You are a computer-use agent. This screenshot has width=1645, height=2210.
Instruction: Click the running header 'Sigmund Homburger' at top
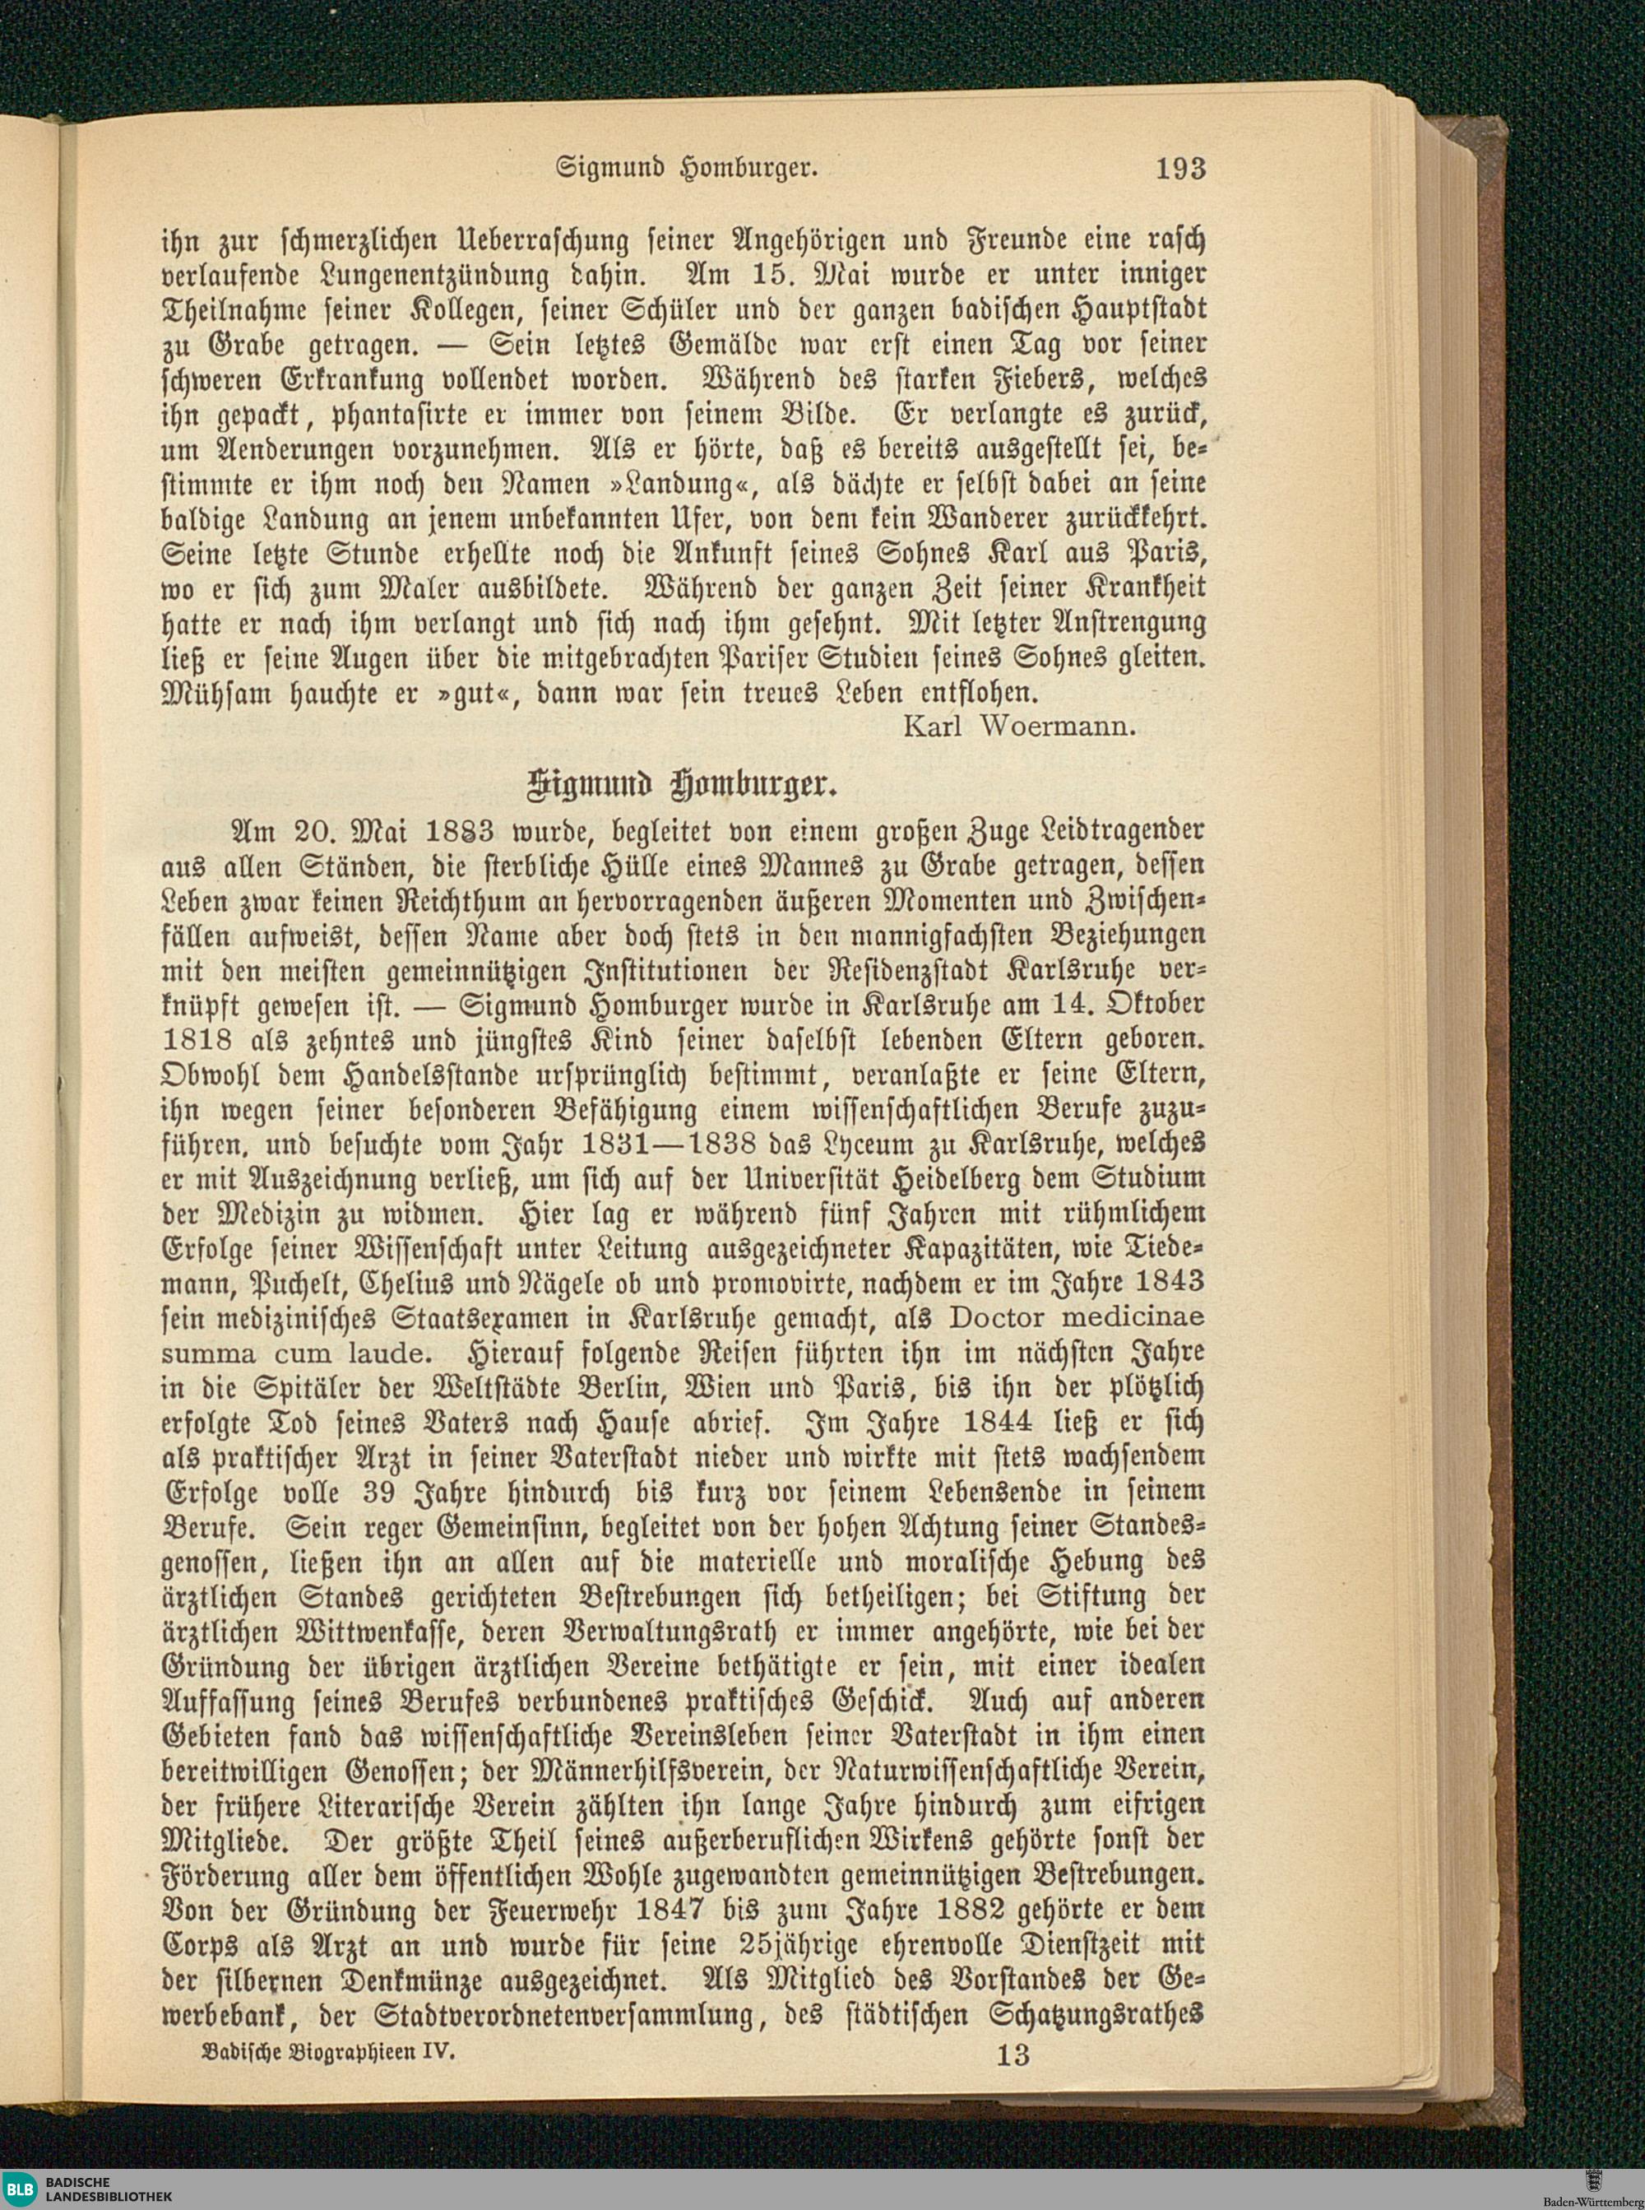click(686, 167)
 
